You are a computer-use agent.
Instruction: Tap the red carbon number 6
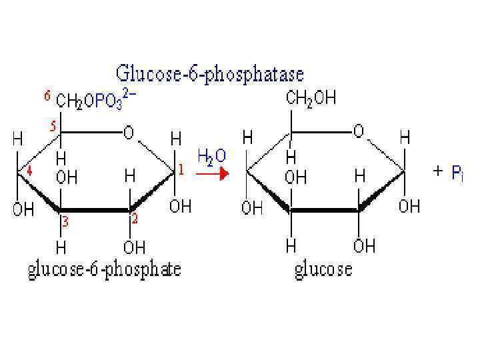tap(47, 95)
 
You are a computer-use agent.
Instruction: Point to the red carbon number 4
tap(29, 171)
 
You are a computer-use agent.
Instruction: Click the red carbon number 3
tap(65, 222)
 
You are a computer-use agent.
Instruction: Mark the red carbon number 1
tap(181, 171)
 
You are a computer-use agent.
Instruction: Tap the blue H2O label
tap(212, 155)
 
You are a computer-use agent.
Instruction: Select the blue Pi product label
tap(457, 173)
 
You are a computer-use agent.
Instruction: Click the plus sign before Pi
tap(437, 171)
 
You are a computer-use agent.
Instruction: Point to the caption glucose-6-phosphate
tap(104, 270)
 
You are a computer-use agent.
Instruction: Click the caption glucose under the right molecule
tap(323, 270)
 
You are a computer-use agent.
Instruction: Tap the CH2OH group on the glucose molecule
tap(311, 99)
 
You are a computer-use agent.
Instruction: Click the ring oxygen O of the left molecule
tap(128, 133)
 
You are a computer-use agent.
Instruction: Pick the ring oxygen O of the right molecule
tap(359, 131)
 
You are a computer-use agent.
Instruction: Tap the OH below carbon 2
tap(134, 247)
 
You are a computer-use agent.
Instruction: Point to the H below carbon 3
tap(61, 247)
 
